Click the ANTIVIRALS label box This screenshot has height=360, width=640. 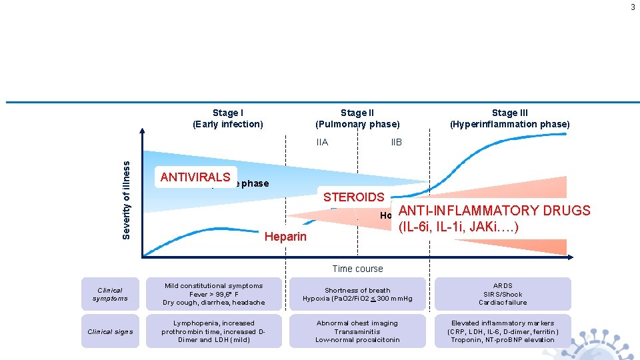[x=196, y=177]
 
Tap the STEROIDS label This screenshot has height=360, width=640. [x=353, y=197]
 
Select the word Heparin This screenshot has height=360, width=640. [x=286, y=237]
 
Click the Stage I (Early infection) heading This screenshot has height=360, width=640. [x=228, y=119]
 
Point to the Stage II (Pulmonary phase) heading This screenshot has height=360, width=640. [x=357, y=119]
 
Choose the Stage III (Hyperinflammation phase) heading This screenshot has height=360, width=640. [x=509, y=119]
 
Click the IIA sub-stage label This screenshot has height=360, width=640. [x=322, y=142]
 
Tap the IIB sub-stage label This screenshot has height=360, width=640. [x=396, y=142]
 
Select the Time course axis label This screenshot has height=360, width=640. [x=357, y=269]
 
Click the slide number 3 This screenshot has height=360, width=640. [x=633, y=7]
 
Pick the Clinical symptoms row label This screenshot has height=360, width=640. [x=110, y=294]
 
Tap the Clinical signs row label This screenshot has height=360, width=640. [x=110, y=331]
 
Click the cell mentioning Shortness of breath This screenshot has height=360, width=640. [x=357, y=294]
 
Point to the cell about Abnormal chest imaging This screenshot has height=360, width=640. [x=357, y=331]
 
